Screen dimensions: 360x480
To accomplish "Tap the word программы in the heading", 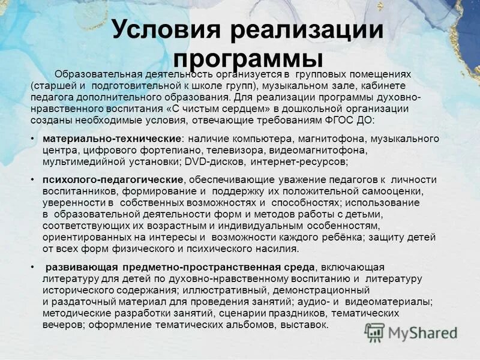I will pos(248,58).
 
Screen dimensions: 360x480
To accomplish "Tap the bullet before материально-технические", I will pos(31,139).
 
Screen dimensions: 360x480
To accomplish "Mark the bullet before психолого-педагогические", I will pos(31,180).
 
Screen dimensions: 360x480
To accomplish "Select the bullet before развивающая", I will pos(31,267).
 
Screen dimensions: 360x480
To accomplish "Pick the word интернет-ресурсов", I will pos(298,162).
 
